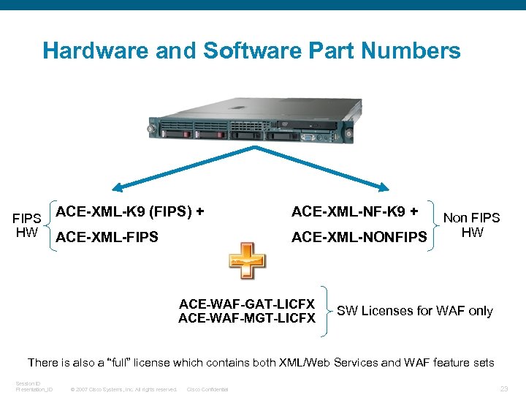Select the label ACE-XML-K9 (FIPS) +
pyautogui.click(x=130, y=212)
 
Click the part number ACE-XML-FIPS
pyautogui.click(x=107, y=237)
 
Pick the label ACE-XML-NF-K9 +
pyautogui.click(x=354, y=212)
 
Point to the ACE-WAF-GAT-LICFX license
pyautogui.click(x=247, y=304)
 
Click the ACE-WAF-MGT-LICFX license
pyautogui.click(x=247, y=318)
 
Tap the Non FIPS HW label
pyautogui.click(x=472, y=225)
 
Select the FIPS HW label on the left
pyautogui.click(x=27, y=225)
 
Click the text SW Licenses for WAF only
pyautogui.click(x=415, y=311)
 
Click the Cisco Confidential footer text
pyautogui.click(x=207, y=389)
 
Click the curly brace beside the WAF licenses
pyautogui.click(x=326, y=311)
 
